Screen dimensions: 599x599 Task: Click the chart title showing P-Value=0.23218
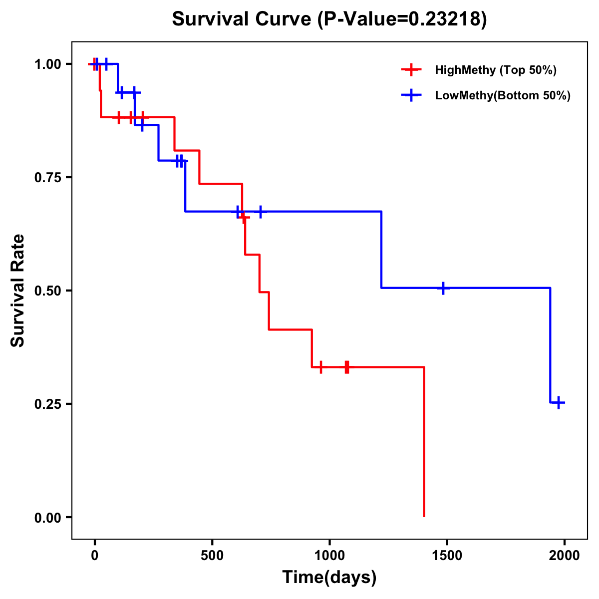(x=329, y=19)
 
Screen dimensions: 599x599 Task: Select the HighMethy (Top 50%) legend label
(x=495, y=70)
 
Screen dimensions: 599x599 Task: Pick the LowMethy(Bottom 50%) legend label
(x=503, y=95)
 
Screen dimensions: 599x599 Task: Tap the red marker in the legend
(x=411, y=70)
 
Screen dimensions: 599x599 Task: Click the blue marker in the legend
(x=411, y=95)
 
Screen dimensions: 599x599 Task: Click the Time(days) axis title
(x=329, y=578)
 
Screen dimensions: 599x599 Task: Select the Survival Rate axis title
(x=18, y=291)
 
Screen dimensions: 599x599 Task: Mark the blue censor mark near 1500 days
(x=443, y=288)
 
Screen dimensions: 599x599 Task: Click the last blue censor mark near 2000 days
(x=559, y=402)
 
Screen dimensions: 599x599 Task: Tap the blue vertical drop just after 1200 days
(x=381, y=250)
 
